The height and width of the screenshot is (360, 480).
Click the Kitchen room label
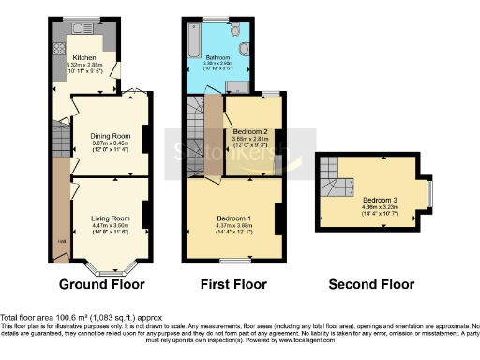[85, 56]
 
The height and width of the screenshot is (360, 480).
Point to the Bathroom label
[218, 57]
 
